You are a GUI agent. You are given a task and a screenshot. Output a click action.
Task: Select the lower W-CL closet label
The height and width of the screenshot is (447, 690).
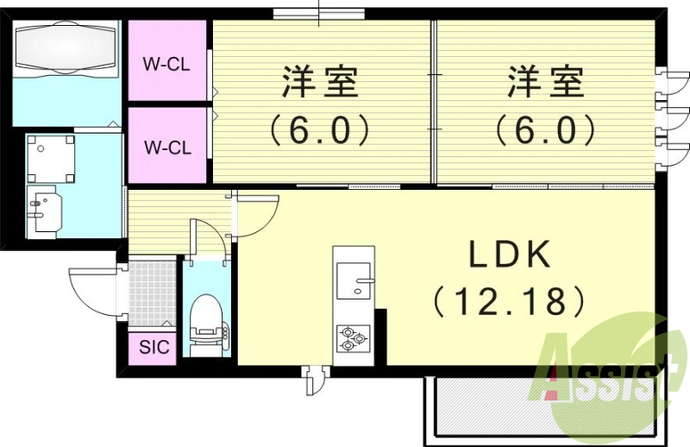point(167,147)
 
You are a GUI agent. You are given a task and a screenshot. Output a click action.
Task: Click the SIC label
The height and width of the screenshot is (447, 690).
point(154,349)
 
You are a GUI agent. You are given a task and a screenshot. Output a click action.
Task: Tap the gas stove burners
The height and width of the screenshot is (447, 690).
point(354,338)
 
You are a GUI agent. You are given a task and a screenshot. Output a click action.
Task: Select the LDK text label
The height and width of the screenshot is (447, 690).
point(510,256)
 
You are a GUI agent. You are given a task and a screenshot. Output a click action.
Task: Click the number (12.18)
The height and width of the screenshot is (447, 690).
point(510,302)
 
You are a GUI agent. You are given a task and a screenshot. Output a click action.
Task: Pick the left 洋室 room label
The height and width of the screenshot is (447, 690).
point(319,85)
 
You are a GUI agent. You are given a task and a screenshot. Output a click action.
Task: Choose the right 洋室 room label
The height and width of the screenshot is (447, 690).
point(545,85)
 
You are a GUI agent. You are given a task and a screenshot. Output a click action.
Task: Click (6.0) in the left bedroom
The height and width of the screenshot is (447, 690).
point(319,131)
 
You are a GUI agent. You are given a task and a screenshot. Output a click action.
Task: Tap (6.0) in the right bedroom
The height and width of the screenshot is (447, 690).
point(545,131)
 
